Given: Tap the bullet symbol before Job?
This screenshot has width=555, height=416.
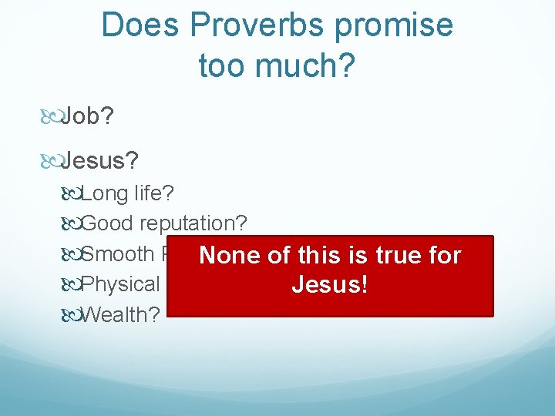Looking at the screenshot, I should [x=50, y=117].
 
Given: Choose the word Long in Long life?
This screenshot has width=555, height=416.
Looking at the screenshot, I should [x=103, y=193].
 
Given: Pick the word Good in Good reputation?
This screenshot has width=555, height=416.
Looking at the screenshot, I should [x=106, y=223].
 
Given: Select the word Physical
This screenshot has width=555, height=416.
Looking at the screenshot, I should [x=120, y=284].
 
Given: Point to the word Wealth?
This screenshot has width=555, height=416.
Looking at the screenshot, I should [x=120, y=314].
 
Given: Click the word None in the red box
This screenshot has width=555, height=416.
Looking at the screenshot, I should [x=227, y=255].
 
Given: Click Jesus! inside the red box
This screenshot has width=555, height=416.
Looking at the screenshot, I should [x=329, y=285].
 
